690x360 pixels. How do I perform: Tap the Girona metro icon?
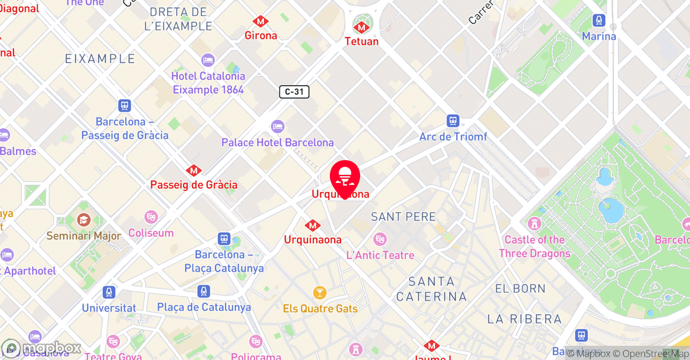tap(261, 22)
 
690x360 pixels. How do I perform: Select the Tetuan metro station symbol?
tap(362, 26)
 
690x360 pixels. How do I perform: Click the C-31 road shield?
tap(294, 92)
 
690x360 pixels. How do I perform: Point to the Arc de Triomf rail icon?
tap(453, 121)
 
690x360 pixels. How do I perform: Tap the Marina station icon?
tap(599, 21)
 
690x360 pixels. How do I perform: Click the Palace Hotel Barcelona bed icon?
tap(278, 127)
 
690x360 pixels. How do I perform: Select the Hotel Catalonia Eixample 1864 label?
tap(208, 82)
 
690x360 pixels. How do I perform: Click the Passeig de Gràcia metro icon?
tap(194, 171)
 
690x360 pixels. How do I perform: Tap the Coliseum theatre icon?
tap(151, 217)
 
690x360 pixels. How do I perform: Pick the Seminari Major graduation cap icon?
tap(84, 220)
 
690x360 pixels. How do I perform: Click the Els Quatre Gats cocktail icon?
tap(320, 293)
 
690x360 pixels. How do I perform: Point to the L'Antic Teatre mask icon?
tap(380, 239)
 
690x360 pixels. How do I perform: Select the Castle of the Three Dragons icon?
tap(534, 223)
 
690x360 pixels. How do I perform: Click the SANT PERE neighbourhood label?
tap(403, 217)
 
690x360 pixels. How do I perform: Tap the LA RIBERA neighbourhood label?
tap(525, 319)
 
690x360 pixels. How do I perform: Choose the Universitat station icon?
tap(109, 293)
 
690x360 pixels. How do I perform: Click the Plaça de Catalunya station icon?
tap(203, 292)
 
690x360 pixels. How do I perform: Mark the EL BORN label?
tap(520, 288)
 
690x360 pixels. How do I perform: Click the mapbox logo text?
tap(51, 348)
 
